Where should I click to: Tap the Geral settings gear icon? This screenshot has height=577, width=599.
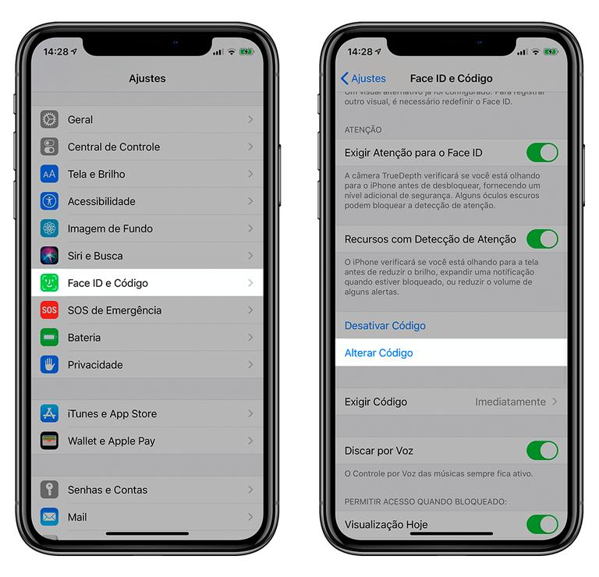click(x=50, y=119)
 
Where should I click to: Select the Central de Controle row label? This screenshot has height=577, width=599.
click(x=113, y=147)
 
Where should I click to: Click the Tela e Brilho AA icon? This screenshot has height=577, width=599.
click(x=50, y=174)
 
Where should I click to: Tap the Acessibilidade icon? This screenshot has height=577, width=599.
click(x=50, y=201)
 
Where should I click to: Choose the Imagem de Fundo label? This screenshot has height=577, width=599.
click(x=110, y=228)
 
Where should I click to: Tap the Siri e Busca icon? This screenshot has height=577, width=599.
click(x=50, y=256)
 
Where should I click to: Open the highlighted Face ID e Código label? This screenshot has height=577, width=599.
click(x=108, y=283)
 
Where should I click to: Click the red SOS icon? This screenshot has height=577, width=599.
click(x=50, y=310)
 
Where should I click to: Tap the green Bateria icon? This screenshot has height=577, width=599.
click(x=50, y=338)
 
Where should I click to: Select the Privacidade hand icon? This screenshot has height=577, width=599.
click(x=50, y=365)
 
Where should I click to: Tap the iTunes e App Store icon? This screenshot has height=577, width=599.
click(x=50, y=414)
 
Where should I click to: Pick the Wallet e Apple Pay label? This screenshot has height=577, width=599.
click(x=111, y=441)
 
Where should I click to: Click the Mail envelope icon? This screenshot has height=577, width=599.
click(x=50, y=517)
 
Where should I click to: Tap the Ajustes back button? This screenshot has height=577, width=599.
click(x=363, y=79)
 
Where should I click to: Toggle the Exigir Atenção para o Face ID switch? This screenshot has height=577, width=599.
click(x=542, y=152)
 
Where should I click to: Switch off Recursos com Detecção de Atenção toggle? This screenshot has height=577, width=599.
click(x=542, y=239)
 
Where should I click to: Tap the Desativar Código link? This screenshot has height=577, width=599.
click(x=385, y=326)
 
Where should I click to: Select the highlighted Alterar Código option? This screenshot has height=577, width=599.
click(x=379, y=353)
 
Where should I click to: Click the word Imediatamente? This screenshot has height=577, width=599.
click(x=510, y=402)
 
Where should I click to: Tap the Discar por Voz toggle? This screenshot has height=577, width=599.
click(x=542, y=451)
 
